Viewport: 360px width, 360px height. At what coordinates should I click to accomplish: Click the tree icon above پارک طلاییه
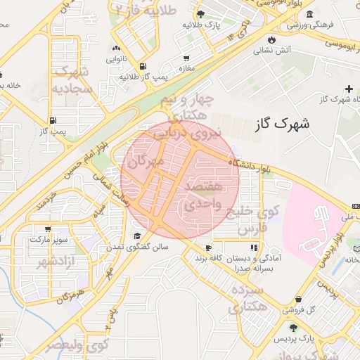201,14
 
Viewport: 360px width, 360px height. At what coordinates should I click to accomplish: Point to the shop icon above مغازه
186,58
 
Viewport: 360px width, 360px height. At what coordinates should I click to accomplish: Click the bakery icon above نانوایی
115,49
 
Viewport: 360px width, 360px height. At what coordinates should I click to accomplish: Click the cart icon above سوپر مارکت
48,229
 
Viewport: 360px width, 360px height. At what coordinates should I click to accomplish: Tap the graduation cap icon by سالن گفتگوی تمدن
138,236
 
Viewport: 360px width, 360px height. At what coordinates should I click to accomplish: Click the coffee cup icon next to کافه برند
208,247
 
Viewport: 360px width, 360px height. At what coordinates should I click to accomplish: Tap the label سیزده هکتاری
243,297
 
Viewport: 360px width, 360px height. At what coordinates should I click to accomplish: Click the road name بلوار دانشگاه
250,167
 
